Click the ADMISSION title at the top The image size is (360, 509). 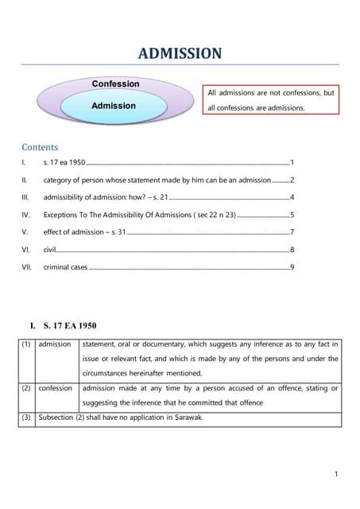180,53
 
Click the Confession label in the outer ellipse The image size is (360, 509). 115,84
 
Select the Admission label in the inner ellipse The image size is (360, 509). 113,105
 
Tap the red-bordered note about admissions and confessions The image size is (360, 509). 270,100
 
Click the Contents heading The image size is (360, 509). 40,147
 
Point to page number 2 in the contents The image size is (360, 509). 292,180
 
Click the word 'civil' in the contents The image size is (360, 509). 49,250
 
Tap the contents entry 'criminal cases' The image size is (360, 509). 65,267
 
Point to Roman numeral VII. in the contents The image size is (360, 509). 27,267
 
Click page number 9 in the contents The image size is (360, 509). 292,267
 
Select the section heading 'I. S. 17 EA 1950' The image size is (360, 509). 63,326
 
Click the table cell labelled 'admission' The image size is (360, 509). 55,344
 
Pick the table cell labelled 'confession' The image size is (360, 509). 56,388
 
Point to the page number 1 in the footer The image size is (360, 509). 336,475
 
